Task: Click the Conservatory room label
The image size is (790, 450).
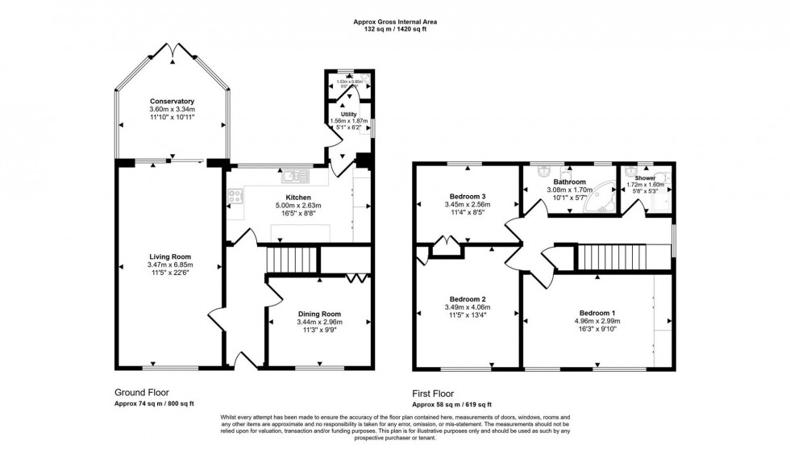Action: [x=172, y=102]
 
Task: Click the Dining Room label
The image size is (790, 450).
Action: [x=320, y=314]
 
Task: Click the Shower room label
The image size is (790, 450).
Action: [x=645, y=178]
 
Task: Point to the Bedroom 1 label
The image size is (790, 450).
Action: [x=597, y=313]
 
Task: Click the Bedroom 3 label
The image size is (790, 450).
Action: [x=468, y=196]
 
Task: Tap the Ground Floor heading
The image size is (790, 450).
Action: [x=143, y=392]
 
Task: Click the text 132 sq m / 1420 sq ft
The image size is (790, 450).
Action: [x=394, y=30]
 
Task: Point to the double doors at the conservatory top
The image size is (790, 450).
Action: [x=173, y=51]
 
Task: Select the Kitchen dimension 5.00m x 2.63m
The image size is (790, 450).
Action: [x=297, y=206]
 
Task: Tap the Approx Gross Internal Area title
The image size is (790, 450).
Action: [x=394, y=22]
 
